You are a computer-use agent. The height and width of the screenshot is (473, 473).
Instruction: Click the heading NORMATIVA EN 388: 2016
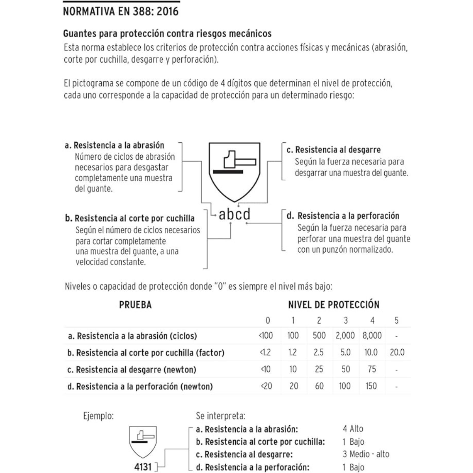121,11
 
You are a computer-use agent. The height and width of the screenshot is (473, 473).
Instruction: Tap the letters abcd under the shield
235,214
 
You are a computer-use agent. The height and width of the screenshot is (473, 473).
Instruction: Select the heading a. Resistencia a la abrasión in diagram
115,145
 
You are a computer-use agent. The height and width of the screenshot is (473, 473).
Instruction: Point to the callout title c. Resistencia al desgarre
333,150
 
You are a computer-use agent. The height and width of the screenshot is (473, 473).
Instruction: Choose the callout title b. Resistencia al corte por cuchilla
130,218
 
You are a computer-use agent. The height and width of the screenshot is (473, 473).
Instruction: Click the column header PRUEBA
135,305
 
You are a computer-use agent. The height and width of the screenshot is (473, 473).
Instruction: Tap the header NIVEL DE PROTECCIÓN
333,305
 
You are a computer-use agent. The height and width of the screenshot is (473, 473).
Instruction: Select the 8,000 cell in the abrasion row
372,336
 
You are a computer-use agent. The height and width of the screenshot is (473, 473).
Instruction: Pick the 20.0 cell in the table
397,352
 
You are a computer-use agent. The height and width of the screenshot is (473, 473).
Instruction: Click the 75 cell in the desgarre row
371,369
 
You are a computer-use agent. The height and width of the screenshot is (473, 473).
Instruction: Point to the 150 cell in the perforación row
371,386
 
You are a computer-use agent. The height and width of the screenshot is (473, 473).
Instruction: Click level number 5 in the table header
397,320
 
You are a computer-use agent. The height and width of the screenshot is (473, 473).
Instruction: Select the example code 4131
143,467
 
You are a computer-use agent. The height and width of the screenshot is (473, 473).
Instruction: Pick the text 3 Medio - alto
366,454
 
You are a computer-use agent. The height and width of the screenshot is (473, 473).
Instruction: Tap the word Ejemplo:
98,416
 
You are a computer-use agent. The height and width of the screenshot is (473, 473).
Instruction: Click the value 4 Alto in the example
353,429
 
